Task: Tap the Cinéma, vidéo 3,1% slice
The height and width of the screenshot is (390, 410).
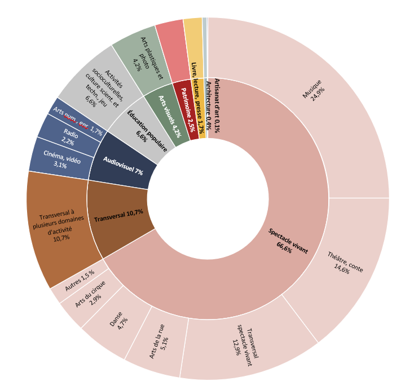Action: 58,160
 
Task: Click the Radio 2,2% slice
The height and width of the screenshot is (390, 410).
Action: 67,137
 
